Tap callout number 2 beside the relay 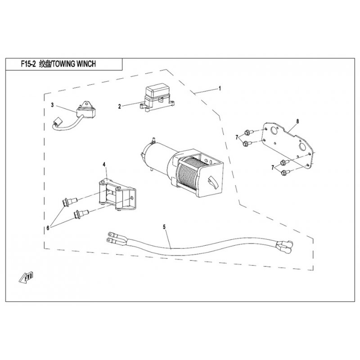click(120, 107)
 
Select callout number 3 click(52, 105)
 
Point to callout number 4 click(104, 165)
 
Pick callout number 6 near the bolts click(48, 229)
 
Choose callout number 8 click(297, 121)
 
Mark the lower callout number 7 click(273, 167)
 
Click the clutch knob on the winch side click(212, 182)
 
